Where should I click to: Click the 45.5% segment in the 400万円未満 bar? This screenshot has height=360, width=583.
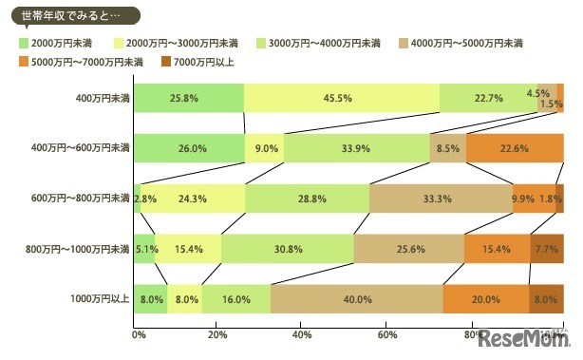pyautogui.click(x=341, y=98)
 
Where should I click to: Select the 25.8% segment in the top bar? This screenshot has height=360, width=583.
pyautogui.click(x=188, y=98)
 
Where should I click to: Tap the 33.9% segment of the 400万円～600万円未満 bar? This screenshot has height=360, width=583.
pyautogui.click(x=356, y=148)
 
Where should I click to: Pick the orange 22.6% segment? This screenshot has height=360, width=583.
pyautogui.click(x=514, y=148)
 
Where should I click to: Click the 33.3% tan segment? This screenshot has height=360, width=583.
pyautogui.click(x=441, y=199)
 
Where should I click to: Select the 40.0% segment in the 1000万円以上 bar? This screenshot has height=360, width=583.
pyautogui.click(x=356, y=298)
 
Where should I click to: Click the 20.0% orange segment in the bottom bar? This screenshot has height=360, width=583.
pyautogui.click(x=485, y=298)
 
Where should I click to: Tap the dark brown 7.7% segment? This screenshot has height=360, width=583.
pyautogui.click(x=546, y=249)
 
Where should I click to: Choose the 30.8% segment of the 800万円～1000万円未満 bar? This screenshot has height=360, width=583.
pyautogui.click(x=287, y=249)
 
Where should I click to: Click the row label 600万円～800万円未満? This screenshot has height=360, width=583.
pyautogui.click(x=80, y=199)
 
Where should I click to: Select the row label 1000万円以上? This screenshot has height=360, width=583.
pyautogui.click(x=101, y=298)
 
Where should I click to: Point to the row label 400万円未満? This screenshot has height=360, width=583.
pyautogui.click(x=103, y=98)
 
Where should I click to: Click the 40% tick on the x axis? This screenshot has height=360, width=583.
pyautogui.click(x=302, y=335)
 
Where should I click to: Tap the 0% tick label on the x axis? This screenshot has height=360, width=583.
pyautogui.click(x=139, y=335)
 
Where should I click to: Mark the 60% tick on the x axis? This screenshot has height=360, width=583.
pyautogui.click(x=386, y=335)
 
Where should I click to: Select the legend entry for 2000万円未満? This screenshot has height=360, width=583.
pyautogui.click(x=54, y=43)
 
